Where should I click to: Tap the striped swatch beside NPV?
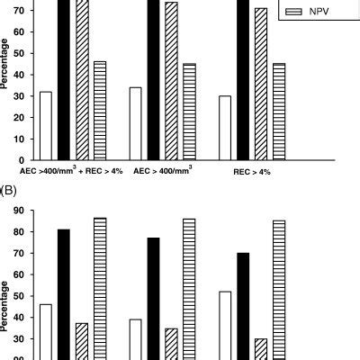coord(293,12)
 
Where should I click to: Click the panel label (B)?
coord(10,190)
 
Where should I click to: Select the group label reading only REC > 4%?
coord(253,170)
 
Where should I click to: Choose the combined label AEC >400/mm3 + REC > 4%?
coord(65,169)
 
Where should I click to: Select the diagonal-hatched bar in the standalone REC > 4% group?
coord(261,84)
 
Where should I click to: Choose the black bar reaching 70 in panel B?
coord(243,306)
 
